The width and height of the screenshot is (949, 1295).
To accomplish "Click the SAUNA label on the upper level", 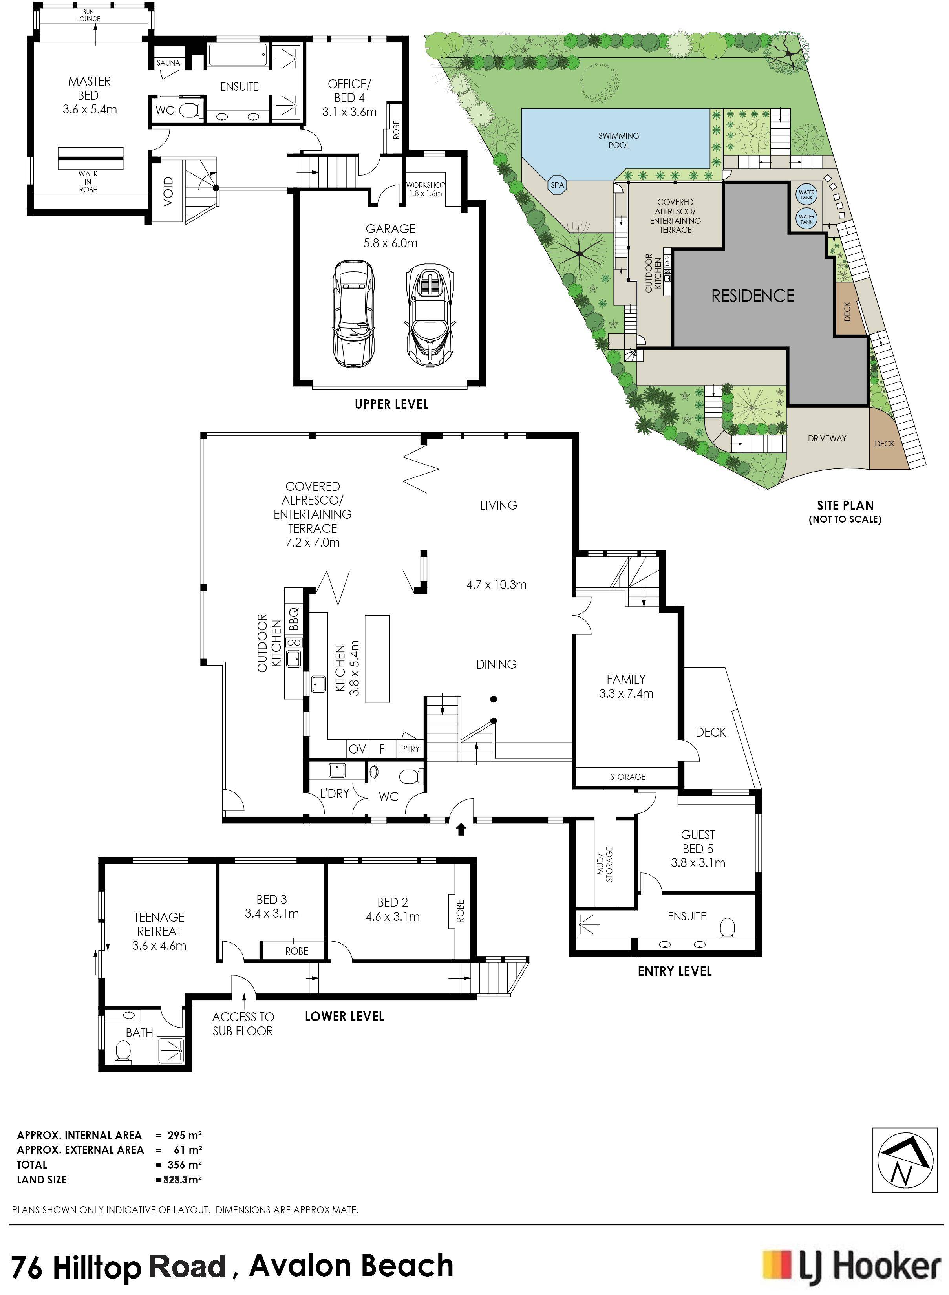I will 168,62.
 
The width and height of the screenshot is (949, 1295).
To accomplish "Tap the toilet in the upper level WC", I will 190,110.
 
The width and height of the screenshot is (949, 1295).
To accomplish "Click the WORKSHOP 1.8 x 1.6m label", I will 425,189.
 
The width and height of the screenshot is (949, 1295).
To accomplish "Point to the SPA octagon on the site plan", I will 557,185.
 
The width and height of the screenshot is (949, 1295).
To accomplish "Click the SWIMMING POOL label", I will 619,140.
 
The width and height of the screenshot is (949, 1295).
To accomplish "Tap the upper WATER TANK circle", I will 806,195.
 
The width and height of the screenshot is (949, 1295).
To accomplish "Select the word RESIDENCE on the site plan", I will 753,296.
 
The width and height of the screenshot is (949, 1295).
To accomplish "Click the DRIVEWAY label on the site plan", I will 826,438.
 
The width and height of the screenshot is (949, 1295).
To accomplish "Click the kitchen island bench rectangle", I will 377,658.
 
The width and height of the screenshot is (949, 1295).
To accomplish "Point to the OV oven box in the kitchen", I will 357,749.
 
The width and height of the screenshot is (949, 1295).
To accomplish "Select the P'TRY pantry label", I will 410,749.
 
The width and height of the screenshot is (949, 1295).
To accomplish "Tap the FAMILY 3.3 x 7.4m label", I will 625,686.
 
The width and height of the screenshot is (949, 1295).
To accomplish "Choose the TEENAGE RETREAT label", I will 159,931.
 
